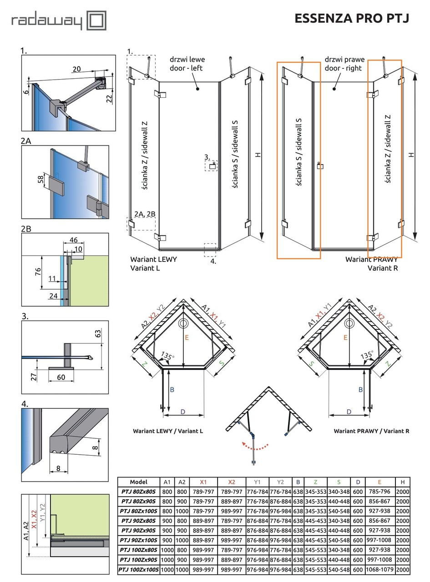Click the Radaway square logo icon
(96, 20)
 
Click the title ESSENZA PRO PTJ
(351, 18)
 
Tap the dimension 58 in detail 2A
(40, 180)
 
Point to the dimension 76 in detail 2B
(38, 271)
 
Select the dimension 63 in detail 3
(98, 333)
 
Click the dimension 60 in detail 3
(61, 377)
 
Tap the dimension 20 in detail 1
(76, 69)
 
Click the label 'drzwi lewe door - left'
(187, 64)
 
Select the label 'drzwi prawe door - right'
(344, 64)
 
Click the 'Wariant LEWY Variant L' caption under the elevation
(153, 263)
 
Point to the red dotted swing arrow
(255, 447)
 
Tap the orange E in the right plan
(345, 337)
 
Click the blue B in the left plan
(172, 390)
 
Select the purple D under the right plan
(349, 411)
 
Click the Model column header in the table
(138, 482)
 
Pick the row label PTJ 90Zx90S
(138, 530)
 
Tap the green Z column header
(315, 482)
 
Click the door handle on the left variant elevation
(212, 166)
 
